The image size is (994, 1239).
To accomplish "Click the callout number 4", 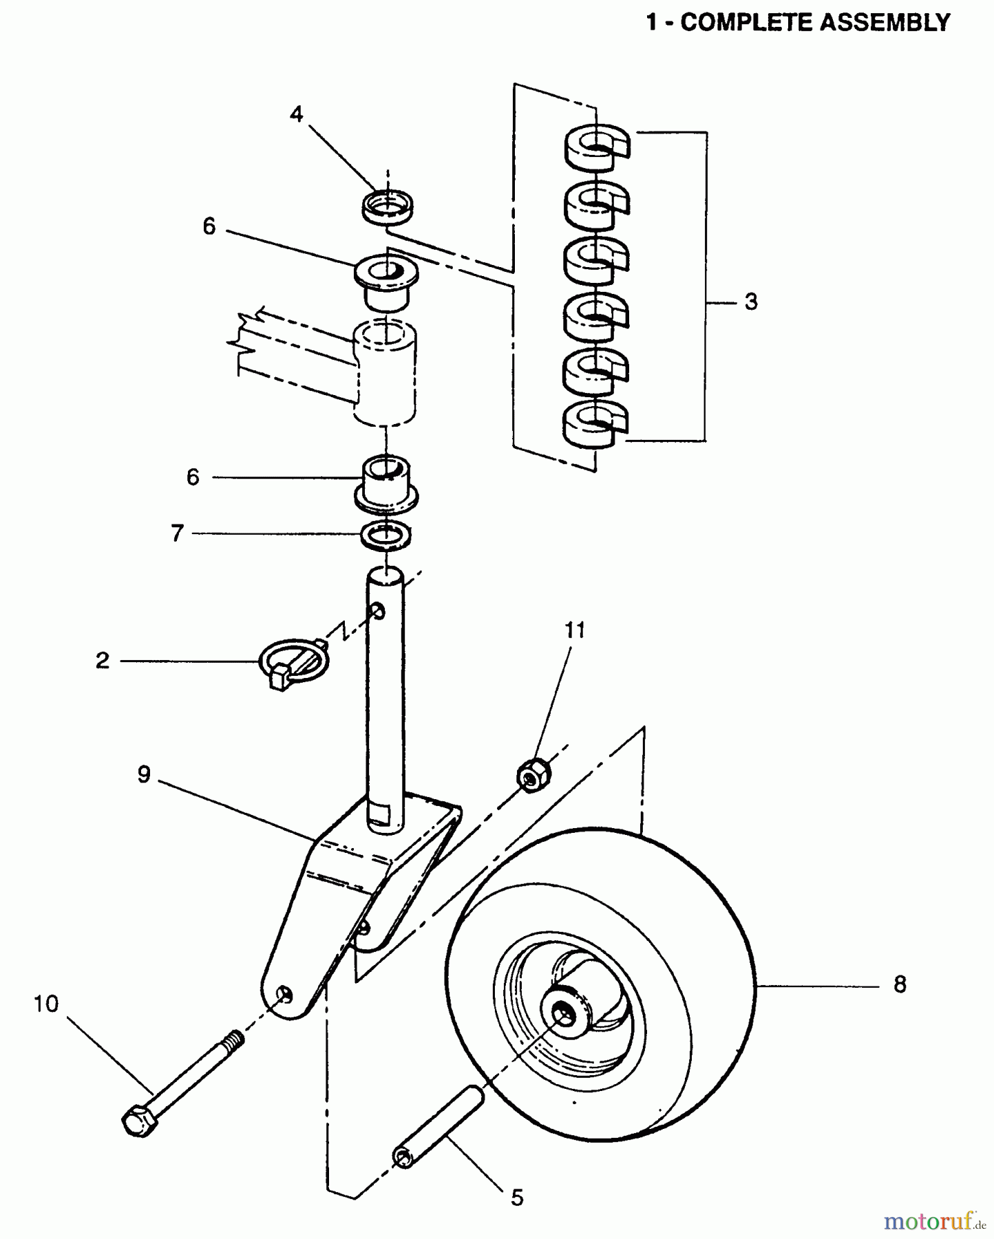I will click(x=296, y=114).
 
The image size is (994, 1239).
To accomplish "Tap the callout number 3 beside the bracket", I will click(x=751, y=301).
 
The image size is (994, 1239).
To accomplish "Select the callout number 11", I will click(x=575, y=630).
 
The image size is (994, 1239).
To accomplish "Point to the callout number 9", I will click(x=144, y=775).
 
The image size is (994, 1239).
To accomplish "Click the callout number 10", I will click(x=46, y=1004).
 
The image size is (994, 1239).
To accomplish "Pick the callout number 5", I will click(x=517, y=1198).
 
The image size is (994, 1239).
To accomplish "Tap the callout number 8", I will click(x=900, y=985).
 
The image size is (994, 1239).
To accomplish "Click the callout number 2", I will click(x=103, y=661).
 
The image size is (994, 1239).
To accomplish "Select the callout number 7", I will click(x=178, y=533).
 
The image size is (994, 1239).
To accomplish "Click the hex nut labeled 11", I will click(x=533, y=775).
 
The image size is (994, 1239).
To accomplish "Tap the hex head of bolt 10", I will click(x=139, y=1122).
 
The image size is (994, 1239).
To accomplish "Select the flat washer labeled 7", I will click(x=386, y=536).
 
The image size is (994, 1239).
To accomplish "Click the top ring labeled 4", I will click(x=388, y=206).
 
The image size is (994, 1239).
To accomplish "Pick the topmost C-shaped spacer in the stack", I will click(x=596, y=147).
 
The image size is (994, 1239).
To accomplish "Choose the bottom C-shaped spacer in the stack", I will click(x=595, y=425).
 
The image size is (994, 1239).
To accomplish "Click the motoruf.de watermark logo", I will click(x=934, y=1221).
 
